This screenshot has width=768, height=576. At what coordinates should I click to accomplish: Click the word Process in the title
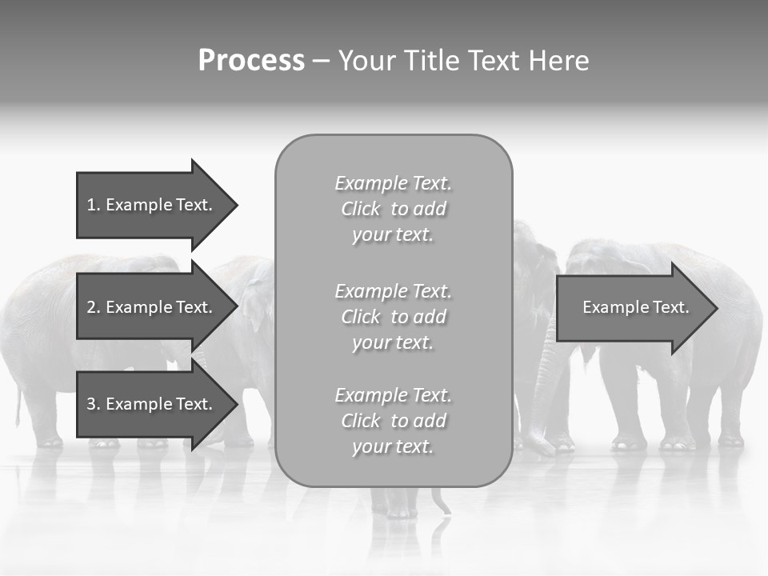click(x=251, y=61)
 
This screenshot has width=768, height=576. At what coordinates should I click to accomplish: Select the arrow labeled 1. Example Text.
click(x=152, y=205)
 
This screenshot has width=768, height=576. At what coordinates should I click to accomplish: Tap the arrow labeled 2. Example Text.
click(x=152, y=307)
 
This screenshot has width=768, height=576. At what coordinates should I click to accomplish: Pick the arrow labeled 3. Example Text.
click(x=152, y=404)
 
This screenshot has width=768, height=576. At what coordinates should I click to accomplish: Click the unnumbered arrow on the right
click(x=632, y=307)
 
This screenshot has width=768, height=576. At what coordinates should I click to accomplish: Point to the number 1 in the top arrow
click(x=91, y=205)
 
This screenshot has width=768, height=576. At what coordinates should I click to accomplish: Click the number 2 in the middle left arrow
click(x=91, y=307)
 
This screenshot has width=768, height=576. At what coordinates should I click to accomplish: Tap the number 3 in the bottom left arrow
click(x=91, y=404)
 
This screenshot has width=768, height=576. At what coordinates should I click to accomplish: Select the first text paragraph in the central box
click(x=393, y=209)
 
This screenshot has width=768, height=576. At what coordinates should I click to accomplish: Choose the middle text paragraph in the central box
click(x=393, y=317)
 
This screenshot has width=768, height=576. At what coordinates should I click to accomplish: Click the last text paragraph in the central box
click(x=393, y=421)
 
